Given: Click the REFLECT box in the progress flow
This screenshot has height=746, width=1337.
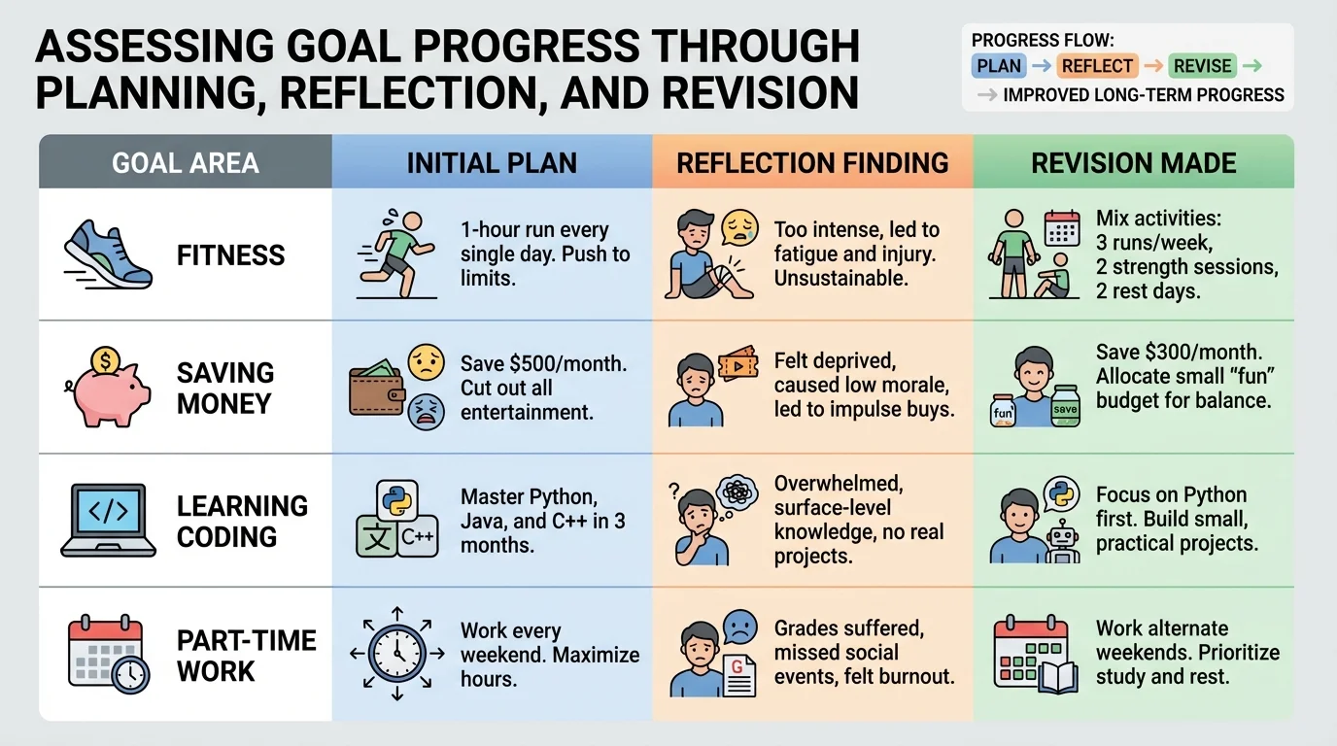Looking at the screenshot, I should [x=1097, y=66].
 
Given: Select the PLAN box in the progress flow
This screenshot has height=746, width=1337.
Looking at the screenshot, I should [x=999, y=66].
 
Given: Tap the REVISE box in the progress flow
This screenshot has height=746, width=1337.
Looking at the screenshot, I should [x=1202, y=66].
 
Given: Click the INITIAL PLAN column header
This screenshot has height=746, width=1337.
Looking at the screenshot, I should [x=492, y=162].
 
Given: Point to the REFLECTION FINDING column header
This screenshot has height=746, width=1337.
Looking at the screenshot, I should [x=812, y=162].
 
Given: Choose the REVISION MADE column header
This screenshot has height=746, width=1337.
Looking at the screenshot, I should [x=1134, y=162].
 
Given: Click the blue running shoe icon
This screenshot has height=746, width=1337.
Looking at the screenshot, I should [x=108, y=254].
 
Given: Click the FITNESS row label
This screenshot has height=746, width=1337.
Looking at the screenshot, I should [x=231, y=255].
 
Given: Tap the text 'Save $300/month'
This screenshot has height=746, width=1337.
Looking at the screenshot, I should [x=1180, y=352].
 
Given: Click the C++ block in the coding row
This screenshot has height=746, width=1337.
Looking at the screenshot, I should [x=418, y=537].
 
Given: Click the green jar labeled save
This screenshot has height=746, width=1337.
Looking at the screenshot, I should [x=1065, y=407].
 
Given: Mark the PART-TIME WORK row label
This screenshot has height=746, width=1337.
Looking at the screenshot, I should [x=246, y=656].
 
